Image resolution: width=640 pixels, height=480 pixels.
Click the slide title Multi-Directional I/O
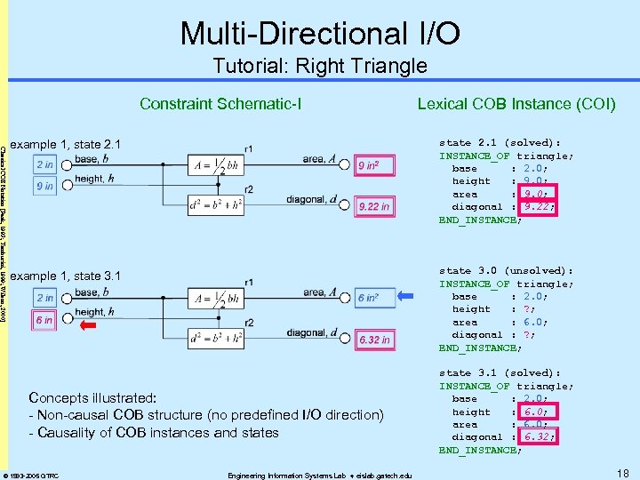(x=320, y=33)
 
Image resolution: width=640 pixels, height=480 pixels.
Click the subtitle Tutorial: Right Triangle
(x=320, y=66)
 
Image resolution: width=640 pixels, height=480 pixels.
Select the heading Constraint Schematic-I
(x=220, y=104)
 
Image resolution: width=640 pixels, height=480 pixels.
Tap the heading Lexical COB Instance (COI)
(x=516, y=104)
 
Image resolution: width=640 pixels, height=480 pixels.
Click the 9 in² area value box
(x=372, y=165)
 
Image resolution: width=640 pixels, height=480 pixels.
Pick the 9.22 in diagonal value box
(x=372, y=207)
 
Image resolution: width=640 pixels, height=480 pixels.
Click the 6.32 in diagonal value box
(x=372, y=340)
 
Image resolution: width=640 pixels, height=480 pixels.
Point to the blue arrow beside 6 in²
(x=406, y=297)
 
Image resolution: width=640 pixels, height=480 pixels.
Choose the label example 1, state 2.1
(x=68, y=144)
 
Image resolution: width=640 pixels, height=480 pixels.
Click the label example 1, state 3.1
(x=68, y=276)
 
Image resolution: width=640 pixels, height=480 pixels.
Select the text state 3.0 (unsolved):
(x=506, y=270)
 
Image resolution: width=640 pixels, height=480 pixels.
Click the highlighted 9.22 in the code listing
(x=539, y=206)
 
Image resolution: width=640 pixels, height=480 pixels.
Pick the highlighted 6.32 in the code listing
(x=539, y=436)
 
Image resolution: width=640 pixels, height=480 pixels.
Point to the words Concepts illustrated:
(x=92, y=397)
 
